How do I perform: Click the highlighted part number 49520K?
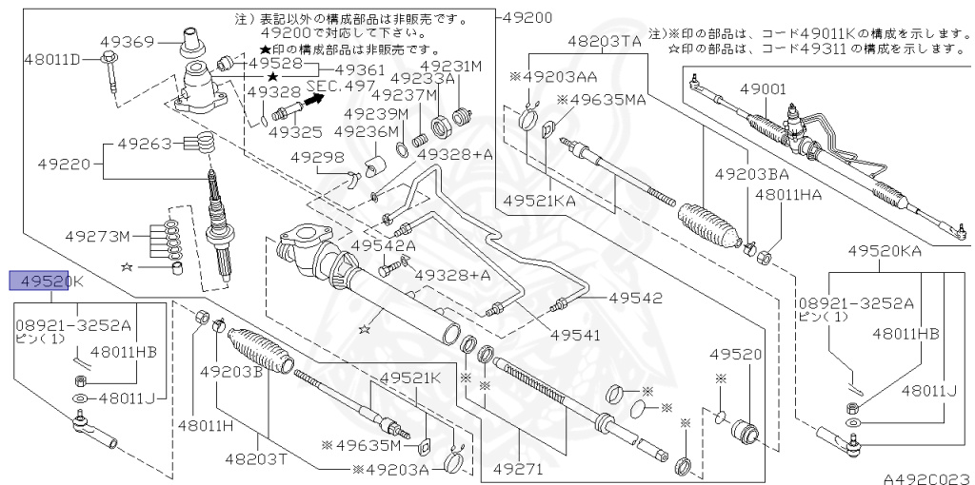click(x=47, y=281)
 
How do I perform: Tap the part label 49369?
click(x=128, y=41)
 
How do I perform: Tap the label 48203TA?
click(x=605, y=42)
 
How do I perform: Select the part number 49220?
click(x=64, y=164)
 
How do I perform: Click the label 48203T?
click(x=253, y=458)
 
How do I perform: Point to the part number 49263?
click(x=144, y=145)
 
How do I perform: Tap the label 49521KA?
click(x=540, y=202)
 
